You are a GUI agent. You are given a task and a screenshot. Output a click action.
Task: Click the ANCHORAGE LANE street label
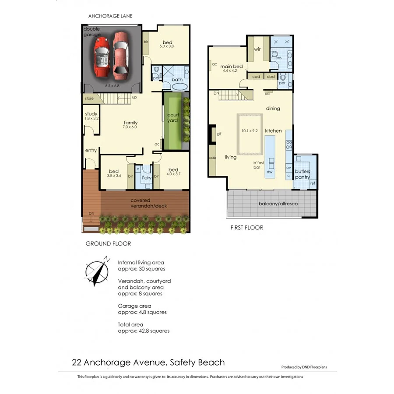(x=110, y=16)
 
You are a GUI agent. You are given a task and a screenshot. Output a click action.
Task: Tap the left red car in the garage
(x=101, y=56)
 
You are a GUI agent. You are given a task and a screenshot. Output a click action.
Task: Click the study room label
(x=91, y=114)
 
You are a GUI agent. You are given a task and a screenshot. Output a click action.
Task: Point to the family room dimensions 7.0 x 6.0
(x=130, y=127)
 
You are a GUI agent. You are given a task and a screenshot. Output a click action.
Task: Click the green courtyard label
(x=172, y=118)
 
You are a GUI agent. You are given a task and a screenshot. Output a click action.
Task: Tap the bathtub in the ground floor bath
(x=179, y=86)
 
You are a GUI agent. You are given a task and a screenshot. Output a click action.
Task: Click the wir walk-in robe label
(x=257, y=49)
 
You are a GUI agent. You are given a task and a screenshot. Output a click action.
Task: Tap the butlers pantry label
(x=303, y=174)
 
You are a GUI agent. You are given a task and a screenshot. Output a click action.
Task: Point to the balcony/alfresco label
(x=278, y=204)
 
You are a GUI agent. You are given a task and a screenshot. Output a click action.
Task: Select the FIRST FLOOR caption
(x=247, y=228)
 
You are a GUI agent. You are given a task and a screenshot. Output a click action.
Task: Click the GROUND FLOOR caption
(x=108, y=244)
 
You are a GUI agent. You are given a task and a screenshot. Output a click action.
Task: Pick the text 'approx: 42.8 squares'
(x=144, y=331)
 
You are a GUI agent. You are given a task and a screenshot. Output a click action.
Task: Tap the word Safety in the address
(x=184, y=362)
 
